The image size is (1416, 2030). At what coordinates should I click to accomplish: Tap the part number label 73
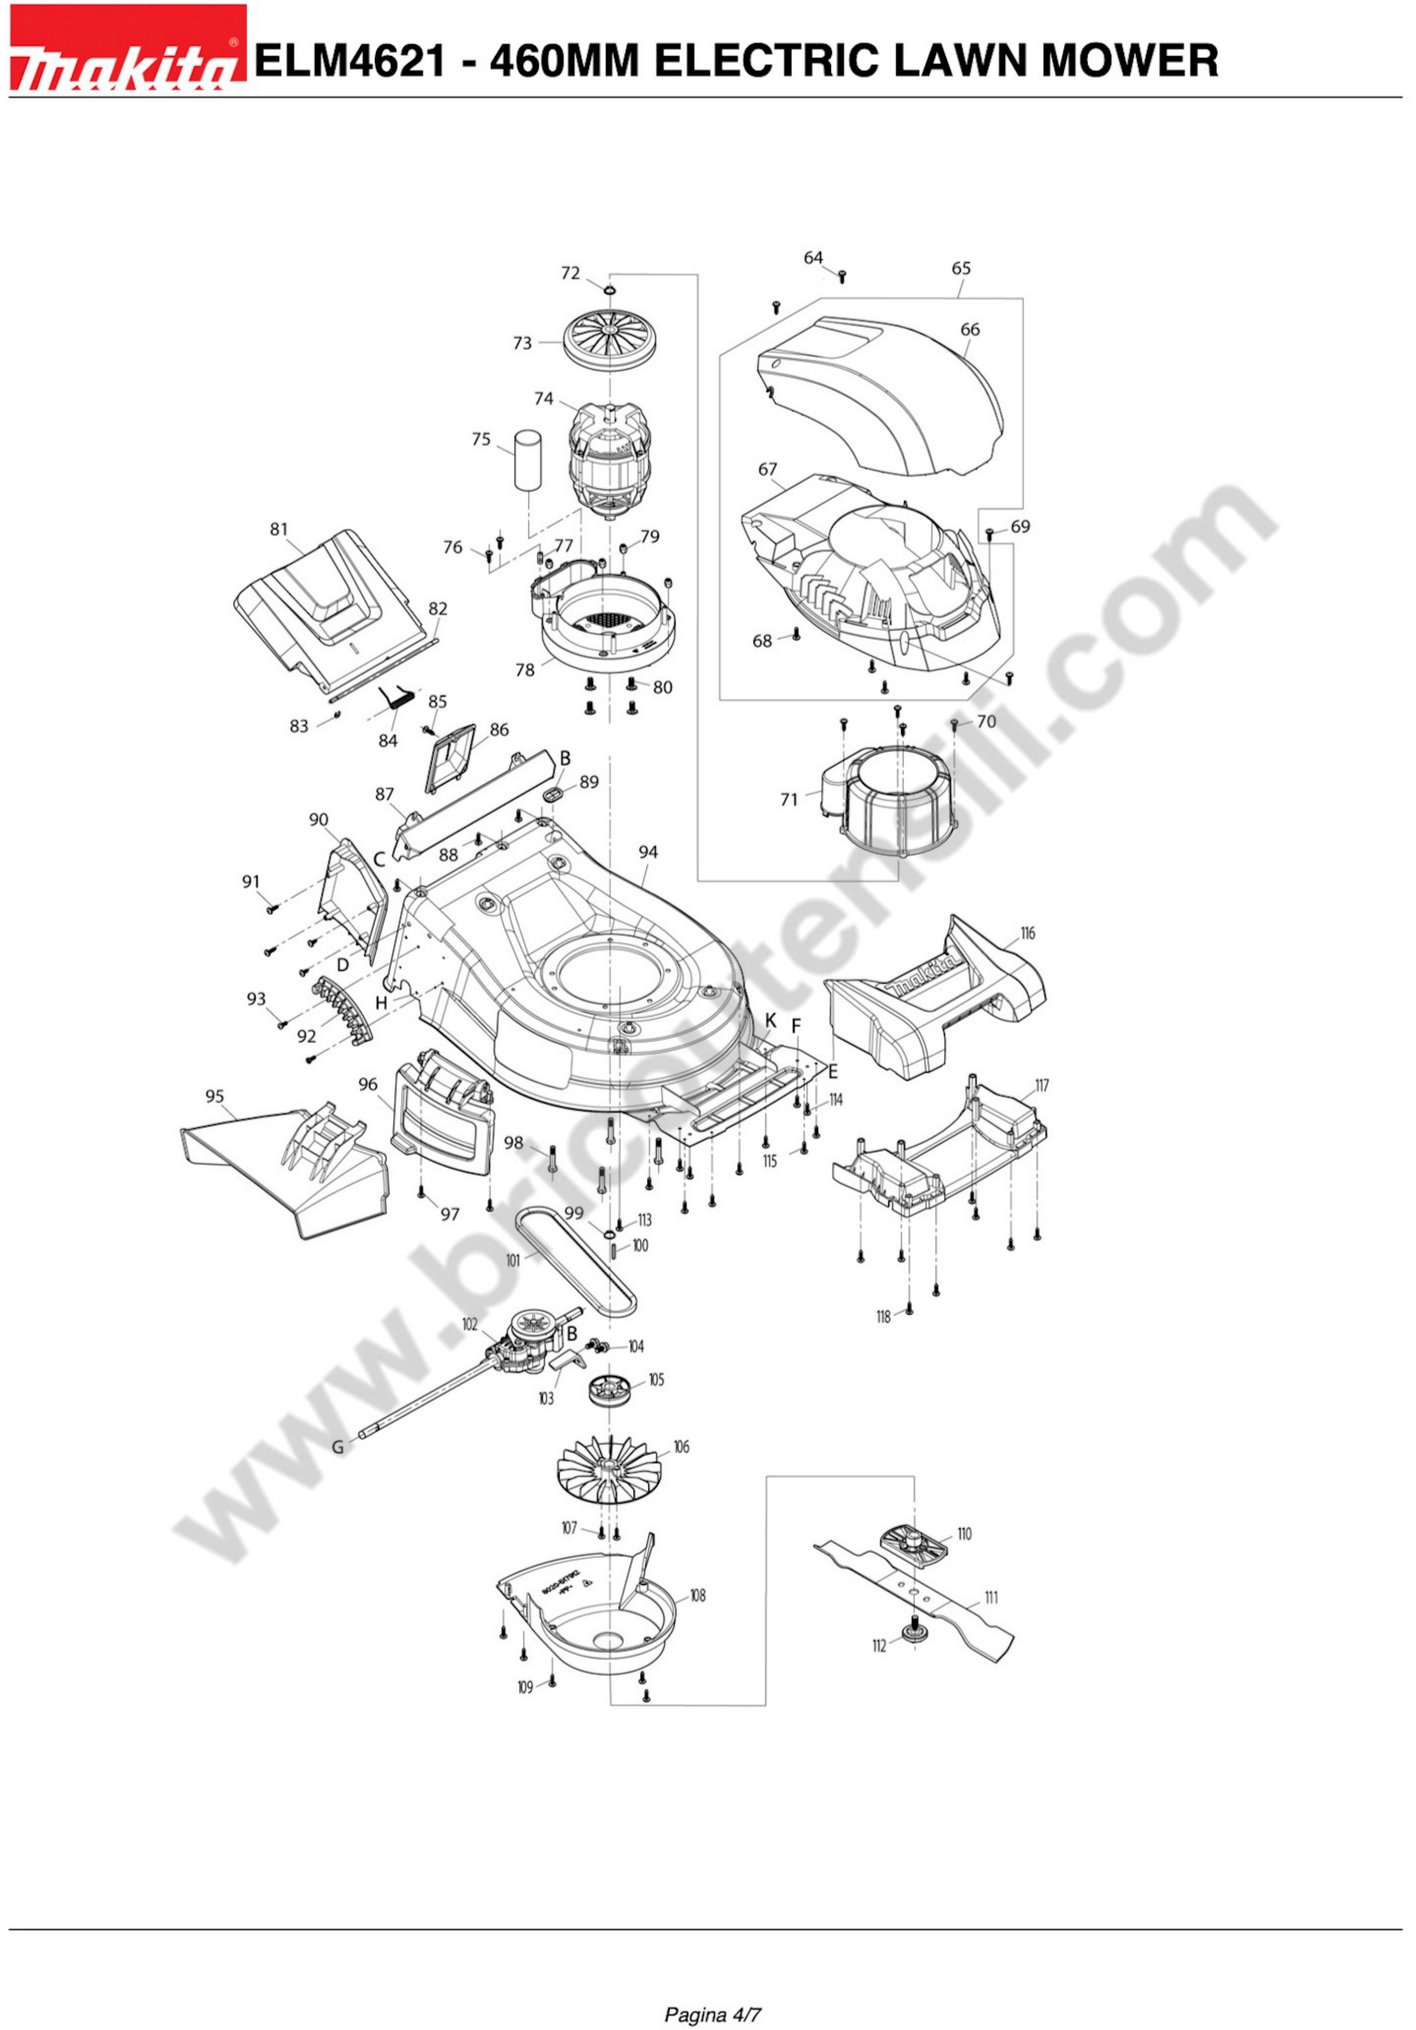click(523, 343)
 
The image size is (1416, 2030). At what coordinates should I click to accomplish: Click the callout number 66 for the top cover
click(969, 329)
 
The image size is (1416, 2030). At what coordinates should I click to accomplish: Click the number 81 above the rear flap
click(279, 529)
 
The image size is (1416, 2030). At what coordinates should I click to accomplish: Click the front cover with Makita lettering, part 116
click(937, 999)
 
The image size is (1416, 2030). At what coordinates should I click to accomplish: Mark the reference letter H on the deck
click(381, 1002)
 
